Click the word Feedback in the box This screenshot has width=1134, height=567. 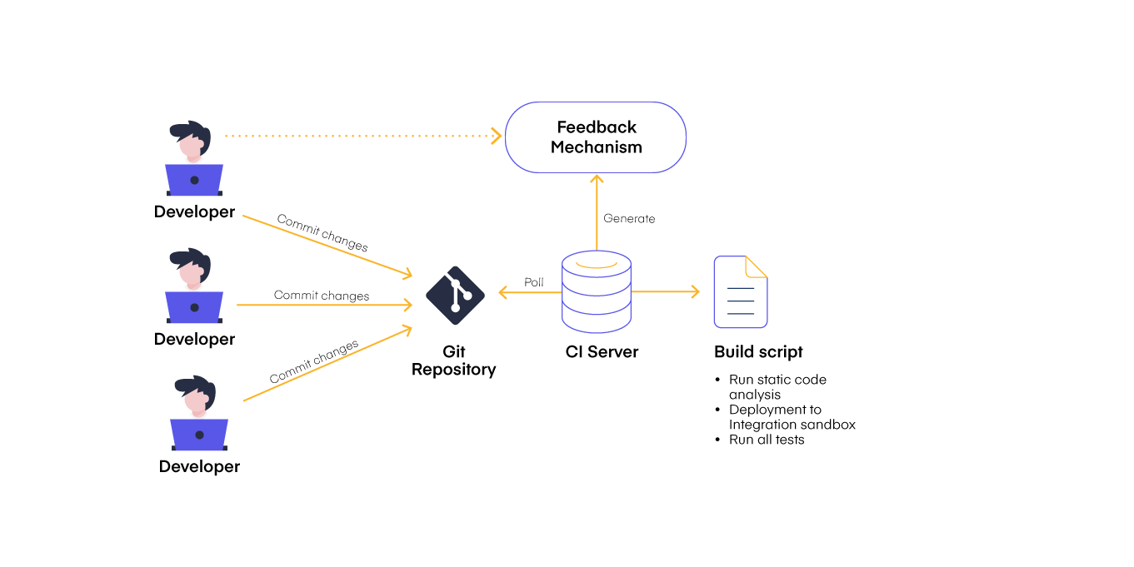click(597, 127)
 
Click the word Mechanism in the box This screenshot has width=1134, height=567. click(597, 147)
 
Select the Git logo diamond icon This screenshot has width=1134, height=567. click(455, 296)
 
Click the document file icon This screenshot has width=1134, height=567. click(740, 293)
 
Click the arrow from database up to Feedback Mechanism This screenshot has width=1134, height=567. click(597, 212)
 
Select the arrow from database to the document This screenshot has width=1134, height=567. click(665, 292)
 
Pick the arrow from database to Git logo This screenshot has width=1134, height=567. click(529, 292)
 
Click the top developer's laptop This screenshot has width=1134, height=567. click(194, 179)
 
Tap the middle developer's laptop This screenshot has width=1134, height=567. click(194, 306)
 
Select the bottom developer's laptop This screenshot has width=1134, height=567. click(199, 434)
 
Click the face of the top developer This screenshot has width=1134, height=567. click(192, 147)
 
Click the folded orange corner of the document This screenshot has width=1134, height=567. click(757, 266)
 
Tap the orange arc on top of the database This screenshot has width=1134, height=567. click(597, 266)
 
